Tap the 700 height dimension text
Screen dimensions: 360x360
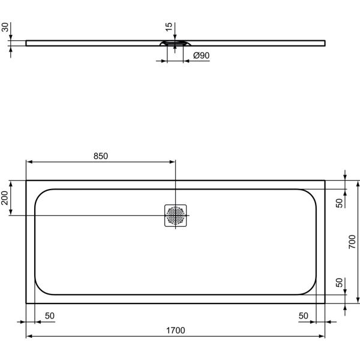[x=354, y=242]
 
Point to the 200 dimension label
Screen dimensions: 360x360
[x=5, y=198]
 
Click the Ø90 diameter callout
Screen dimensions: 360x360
[x=200, y=56]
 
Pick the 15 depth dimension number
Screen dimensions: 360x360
[x=169, y=27]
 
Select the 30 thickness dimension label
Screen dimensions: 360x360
[x=5, y=28]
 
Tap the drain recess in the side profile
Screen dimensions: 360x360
[x=175, y=43]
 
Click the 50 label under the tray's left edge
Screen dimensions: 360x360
[x=49, y=316]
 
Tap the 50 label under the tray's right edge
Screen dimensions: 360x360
[x=304, y=316]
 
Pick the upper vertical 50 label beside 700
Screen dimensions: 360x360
[x=339, y=202]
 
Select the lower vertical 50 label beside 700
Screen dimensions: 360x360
[x=339, y=283]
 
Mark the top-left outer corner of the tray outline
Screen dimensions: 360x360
[x=26, y=180]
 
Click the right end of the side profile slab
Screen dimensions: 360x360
[x=325, y=42]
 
